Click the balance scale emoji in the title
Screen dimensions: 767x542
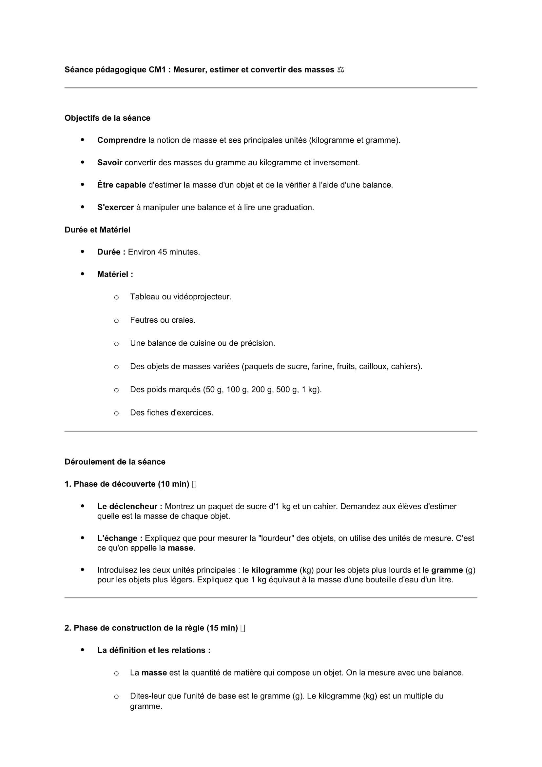point(340,70)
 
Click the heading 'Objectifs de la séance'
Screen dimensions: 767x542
point(107,118)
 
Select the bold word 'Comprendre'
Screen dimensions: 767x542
point(122,140)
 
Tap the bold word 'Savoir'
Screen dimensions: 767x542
point(110,163)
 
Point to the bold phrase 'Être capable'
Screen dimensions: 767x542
point(122,185)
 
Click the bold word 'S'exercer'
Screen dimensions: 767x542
point(115,208)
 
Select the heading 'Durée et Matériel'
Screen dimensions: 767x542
point(97,230)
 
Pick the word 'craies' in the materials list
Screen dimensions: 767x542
point(185,320)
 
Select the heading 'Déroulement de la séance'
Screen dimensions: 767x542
point(115,462)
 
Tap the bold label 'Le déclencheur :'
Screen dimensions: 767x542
point(130,506)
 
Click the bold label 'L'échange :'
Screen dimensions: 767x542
point(120,538)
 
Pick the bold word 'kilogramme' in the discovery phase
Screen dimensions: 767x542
point(274,570)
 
